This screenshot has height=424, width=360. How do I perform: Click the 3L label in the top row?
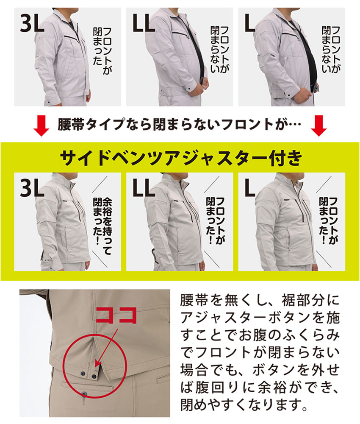click(x=32, y=23)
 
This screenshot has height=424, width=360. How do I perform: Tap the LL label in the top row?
click(x=144, y=23)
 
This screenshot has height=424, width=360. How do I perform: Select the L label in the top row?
click(x=250, y=23)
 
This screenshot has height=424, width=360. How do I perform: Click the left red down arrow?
click(x=41, y=126)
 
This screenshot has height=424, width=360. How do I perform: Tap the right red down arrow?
click(x=319, y=126)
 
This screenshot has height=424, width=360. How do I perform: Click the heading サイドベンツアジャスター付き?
click(x=181, y=158)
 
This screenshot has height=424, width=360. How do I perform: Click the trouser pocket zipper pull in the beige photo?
click(x=85, y=394)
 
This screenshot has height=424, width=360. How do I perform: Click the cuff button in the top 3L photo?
click(x=49, y=103)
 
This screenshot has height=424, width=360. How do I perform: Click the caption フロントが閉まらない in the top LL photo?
click(x=219, y=49)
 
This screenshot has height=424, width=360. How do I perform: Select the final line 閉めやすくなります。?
click(x=244, y=404)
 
